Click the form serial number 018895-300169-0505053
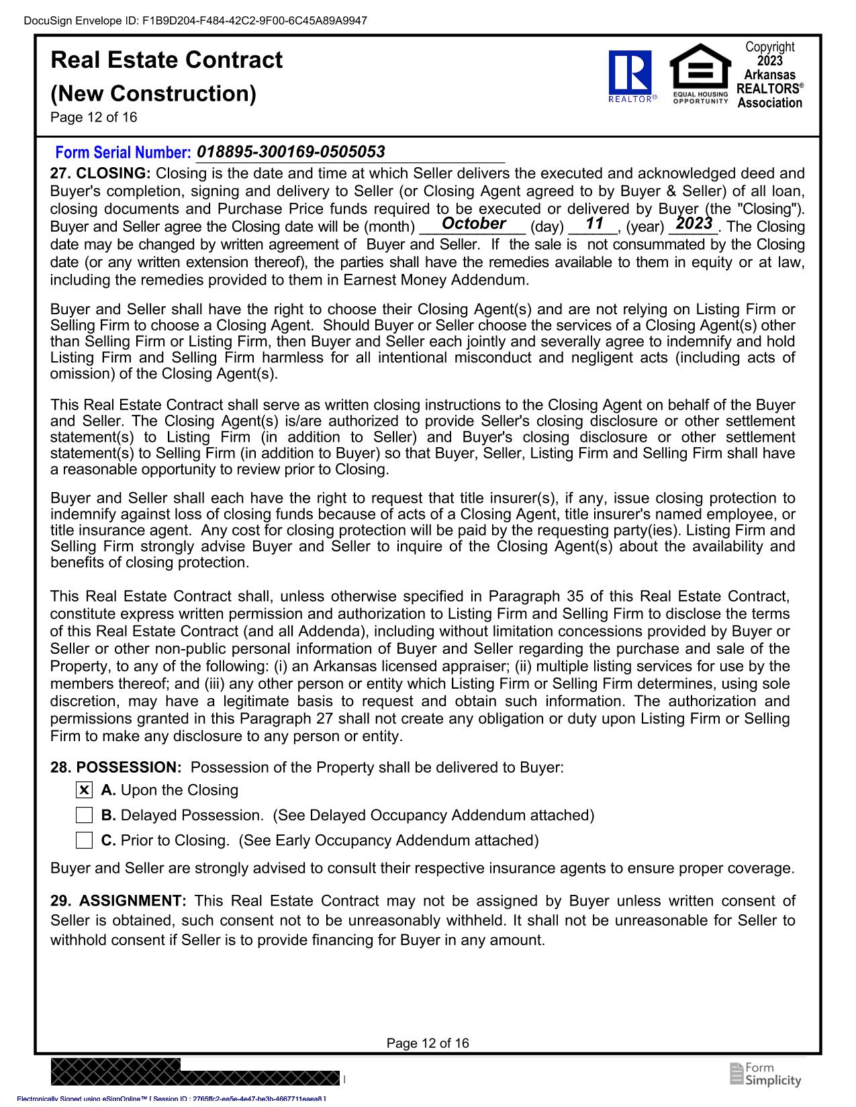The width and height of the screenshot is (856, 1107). (291, 152)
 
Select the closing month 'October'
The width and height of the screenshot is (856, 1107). (474, 224)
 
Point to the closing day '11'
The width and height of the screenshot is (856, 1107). (594, 224)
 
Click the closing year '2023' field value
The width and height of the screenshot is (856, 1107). (694, 224)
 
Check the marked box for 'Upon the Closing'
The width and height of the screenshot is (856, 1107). (84, 790)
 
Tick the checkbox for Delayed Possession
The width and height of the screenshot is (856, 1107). (84, 816)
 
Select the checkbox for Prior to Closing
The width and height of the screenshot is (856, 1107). (84, 840)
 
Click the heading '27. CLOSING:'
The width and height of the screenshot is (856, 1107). (101, 174)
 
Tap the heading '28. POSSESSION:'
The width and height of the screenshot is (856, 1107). (115, 767)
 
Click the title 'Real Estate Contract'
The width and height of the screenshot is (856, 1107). (167, 60)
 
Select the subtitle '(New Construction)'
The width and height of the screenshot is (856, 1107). (153, 93)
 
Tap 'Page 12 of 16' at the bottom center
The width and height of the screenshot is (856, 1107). (428, 1043)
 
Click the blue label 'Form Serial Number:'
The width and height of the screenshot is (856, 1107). (123, 153)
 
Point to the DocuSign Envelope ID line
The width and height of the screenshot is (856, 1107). (195, 21)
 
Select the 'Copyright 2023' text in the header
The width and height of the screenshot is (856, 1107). (769, 54)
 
